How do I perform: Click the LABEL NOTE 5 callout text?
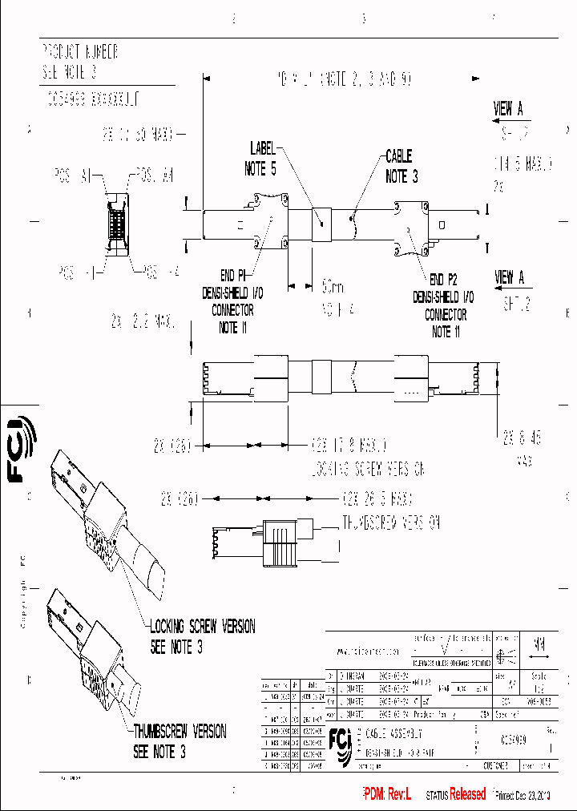[262, 159]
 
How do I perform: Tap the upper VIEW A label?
[508, 109]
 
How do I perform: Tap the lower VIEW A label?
[510, 278]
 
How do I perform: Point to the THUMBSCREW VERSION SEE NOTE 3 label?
[180, 741]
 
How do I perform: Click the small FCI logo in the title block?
[341, 745]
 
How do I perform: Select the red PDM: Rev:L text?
[387, 794]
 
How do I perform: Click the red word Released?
[467, 794]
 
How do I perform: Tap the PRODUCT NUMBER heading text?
[79, 52]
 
